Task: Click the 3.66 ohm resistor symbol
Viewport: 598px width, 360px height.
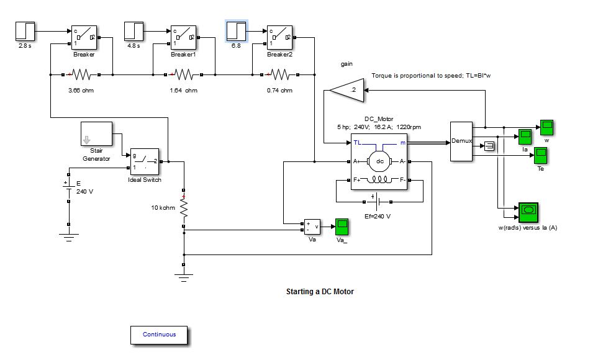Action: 81,75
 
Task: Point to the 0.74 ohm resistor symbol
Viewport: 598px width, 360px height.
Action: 279,75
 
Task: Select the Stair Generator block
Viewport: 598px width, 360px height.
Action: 96,137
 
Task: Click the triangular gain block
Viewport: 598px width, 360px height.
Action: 345,91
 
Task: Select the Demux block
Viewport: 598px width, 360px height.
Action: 461,142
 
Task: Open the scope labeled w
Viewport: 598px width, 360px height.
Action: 546,127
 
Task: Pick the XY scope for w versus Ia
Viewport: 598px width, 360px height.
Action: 528,212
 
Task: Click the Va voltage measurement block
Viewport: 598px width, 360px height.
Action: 312,227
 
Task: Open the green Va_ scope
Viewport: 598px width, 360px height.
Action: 342,227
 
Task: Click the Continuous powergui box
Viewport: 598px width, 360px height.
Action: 159,335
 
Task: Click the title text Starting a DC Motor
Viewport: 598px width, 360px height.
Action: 319,291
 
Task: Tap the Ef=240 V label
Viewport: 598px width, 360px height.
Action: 378,216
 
